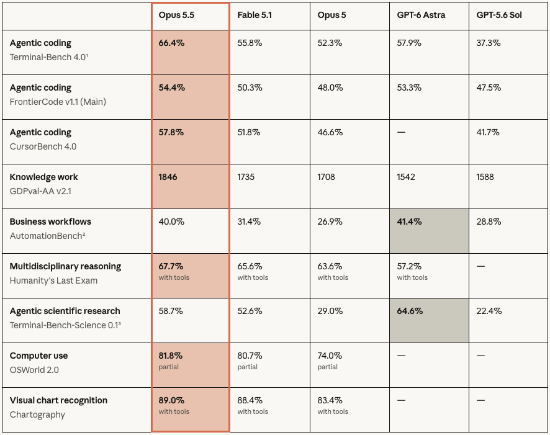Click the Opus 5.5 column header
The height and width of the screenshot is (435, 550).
pyautogui.click(x=176, y=15)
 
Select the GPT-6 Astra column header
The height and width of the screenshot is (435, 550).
pyautogui.click(x=421, y=15)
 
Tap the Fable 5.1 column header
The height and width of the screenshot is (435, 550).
pyautogui.click(x=255, y=15)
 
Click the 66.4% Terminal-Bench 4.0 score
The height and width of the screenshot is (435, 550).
pyautogui.click(x=171, y=43)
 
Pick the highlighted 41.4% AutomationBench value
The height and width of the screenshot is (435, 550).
pyautogui.click(x=409, y=222)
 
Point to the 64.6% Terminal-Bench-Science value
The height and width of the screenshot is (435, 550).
pyautogui.click(x=410, y=311)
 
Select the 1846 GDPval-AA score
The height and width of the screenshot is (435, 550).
pyautogui.click(x=168, y=177)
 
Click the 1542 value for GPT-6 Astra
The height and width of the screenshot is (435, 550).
pyautogui.click(x=406, y=177)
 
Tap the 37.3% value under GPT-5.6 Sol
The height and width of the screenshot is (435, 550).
pyautogui.click(x=489, y=43)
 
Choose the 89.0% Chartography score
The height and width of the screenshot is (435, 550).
pyautogui.click(x=171, y=400)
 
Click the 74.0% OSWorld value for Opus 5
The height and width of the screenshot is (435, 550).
pyautogui.click(x=330, y=356)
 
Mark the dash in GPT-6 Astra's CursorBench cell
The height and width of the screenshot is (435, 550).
pyautogui.click(x=401, y=132)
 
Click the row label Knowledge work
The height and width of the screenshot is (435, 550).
pyautogui.click(x=44, y=177)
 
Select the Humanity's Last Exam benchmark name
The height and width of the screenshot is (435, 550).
pyautogui.click(x=53, y=280)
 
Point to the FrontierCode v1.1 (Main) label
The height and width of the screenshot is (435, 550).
pyautogui.click(x=58, y=102)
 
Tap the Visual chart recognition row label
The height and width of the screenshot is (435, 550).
pyautogui.click(x=58, y=400)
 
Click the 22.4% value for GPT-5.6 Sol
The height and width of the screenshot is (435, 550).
pyautogui.click(x=489, y=311)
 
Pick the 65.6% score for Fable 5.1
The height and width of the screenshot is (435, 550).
pyautogui.click(x=250, y=266)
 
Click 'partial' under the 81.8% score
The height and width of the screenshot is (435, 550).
pyautogui.click(x=169, y=367)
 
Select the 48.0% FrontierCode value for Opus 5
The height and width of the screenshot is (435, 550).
pyautogui.click(x=330, y=87)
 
